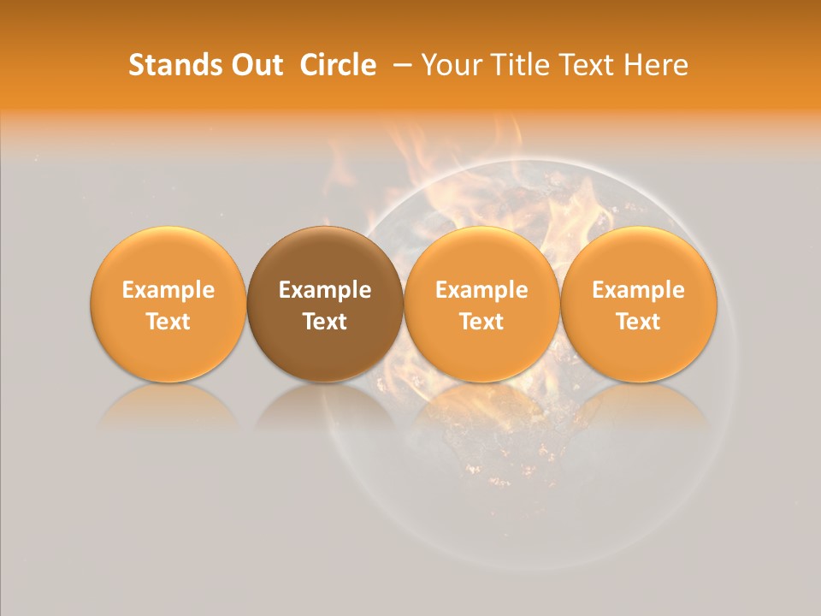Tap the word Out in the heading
tap(255, 65)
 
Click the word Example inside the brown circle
tap(325, 290)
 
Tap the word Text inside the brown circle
tap(325, 322)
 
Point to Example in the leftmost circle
tap(168, 290)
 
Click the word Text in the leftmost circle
tap(168, 322)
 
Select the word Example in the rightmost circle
tap(638, 290)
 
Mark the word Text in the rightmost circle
tap(638, 322)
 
